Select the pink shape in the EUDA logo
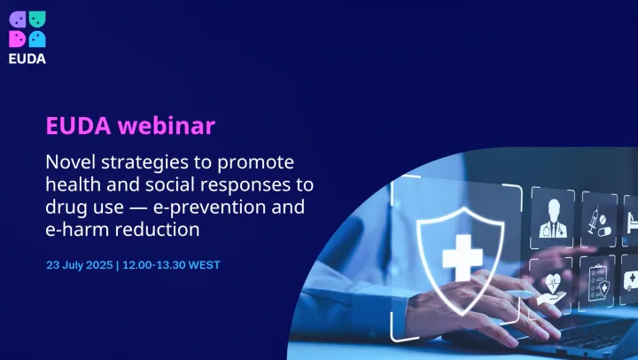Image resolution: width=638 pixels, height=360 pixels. coord(17,39)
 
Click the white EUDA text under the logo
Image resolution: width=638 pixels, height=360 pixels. coord(27,59)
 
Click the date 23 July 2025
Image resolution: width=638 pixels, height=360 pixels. coord(79,265)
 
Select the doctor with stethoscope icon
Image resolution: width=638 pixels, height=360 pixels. coord(551,216)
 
